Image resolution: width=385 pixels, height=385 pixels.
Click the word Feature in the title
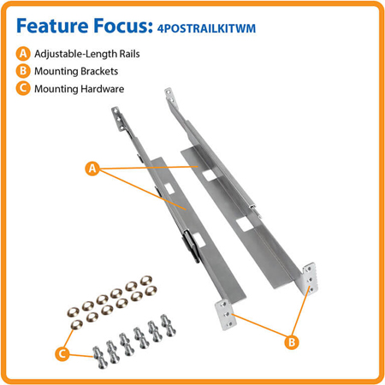(57, 25)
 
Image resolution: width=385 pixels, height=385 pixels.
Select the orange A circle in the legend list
(23, 53)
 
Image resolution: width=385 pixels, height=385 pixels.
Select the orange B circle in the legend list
(23, 71)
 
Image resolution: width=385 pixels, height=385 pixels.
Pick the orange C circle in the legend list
(23, 89)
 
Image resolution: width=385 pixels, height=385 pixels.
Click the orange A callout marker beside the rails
(92, 169)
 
